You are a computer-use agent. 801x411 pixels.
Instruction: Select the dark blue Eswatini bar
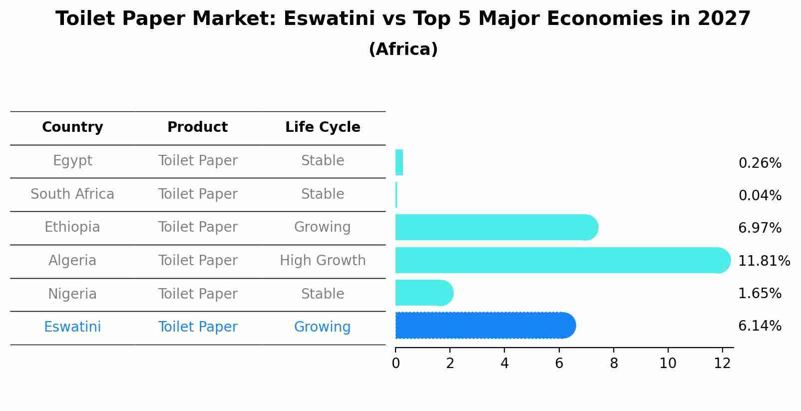484,326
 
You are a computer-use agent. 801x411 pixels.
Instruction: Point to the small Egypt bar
399,162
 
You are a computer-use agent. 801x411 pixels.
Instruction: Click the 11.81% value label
764,261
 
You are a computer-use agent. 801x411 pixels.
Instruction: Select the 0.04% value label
760,196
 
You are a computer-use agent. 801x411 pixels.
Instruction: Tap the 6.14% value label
760,326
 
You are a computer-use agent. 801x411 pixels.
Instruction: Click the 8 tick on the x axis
614,364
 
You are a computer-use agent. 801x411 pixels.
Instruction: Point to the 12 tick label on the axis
722,364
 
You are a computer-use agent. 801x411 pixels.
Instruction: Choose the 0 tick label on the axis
396,364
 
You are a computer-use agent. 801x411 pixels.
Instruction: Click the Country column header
72,127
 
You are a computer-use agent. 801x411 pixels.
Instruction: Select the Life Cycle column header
323,127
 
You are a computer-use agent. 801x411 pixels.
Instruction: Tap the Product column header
197,127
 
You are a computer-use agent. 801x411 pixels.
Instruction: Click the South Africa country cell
72,194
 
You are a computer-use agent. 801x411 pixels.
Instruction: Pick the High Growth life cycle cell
323,261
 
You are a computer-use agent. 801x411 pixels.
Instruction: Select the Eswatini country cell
72,327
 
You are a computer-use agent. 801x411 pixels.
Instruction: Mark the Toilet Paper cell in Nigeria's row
197,294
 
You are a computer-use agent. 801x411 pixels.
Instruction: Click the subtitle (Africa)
403,49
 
